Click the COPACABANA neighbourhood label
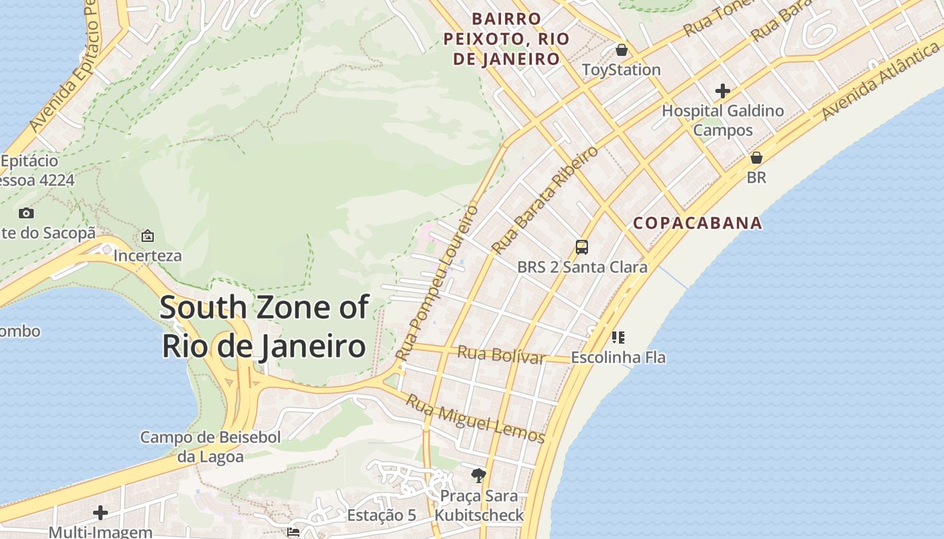click(x=698, y=223)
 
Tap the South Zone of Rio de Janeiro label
click(x=264, y=327)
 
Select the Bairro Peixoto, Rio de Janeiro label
click(x=506, y=38)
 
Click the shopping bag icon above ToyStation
click(x=621, y=50)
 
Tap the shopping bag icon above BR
click(x=757, y=158)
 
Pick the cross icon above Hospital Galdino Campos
click(x=723, y=90)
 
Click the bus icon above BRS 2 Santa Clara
click(x=582, y=247)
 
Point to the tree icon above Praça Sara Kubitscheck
click(x=479, y=476)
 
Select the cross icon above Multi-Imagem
click(x=100, y=513)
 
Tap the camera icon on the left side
click(x=26, y=213)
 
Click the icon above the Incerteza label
click(x=147, y=236)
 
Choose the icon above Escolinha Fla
click(x=618, y=337)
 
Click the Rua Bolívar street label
click(x=501, y=354)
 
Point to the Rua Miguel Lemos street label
click(x=475, y=418)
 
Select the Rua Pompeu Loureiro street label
click(x=437, y=282)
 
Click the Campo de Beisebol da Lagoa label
click(x=210, y=447)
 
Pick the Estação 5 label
click(x=382, y=515)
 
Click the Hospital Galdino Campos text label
click(x=723, y=120)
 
